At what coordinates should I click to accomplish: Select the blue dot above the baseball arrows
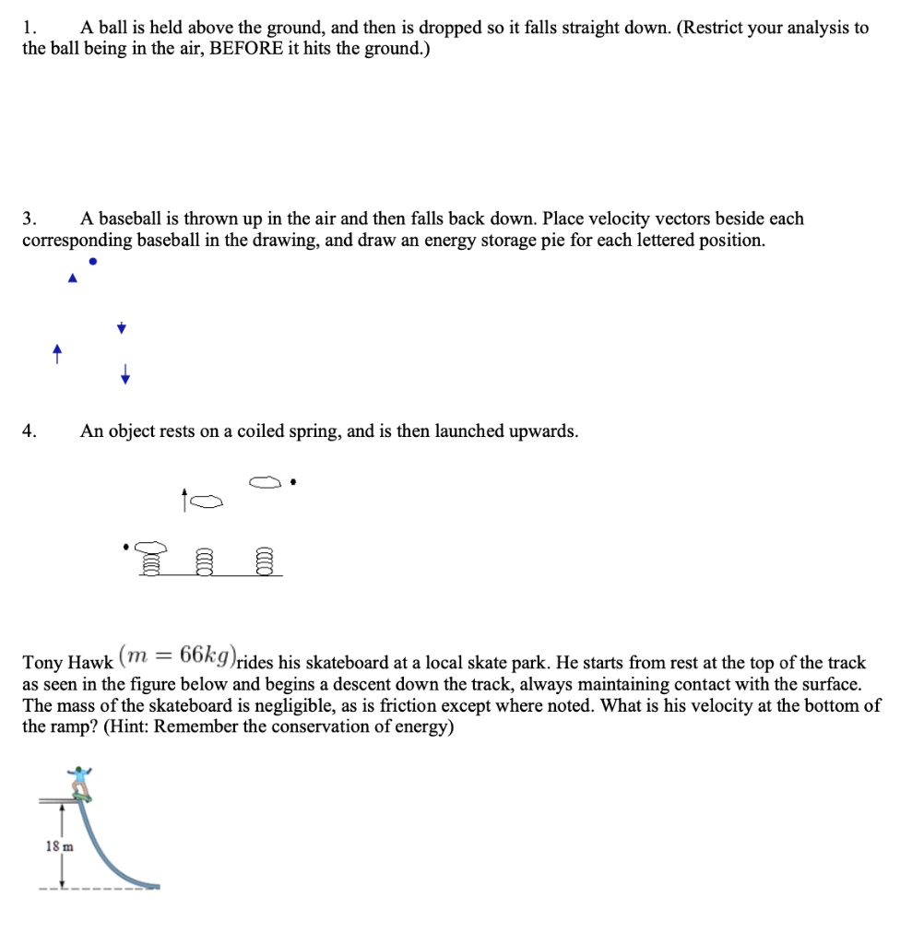pos(91,261)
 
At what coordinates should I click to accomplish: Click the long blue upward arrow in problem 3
pos(57,354)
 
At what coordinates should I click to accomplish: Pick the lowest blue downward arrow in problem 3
pos(124,374)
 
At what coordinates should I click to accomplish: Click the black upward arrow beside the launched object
pos(185,501)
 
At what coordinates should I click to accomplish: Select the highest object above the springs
pos(264,481)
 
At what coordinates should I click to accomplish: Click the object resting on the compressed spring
pos(150,547)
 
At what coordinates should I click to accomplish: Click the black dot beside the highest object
pos(292,481)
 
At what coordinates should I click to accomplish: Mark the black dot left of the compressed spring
pos(127,547)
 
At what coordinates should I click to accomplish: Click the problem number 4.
pos(30,431)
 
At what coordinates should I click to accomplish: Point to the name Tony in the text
pos(42,663)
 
